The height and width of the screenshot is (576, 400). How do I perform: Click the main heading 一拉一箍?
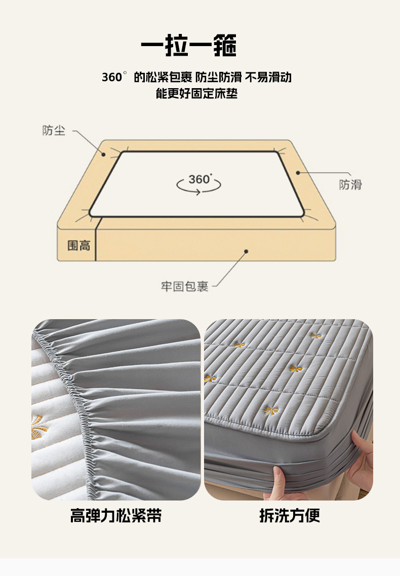click(x=189, y=46)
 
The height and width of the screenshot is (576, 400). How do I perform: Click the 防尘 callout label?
click(x=54, y=130)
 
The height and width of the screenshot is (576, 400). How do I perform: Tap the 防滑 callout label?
click(x=350, y=184)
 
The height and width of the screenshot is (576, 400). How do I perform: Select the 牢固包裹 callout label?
click(x=184, y=287)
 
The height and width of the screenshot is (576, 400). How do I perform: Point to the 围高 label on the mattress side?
click(x=78, y=245)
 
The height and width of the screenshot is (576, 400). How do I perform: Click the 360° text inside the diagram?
click(x=200, y=179)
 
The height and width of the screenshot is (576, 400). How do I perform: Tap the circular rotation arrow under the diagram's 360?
click(x=198, y=186)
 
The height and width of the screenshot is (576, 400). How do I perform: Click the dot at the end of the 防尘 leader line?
click(x=104, y=155)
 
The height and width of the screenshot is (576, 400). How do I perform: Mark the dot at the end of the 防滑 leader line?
click(x=298, y=172)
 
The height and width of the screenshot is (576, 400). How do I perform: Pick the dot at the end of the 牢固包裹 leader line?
click(x=246, y=251)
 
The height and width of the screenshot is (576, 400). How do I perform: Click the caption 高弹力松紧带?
click(x=116, y=515)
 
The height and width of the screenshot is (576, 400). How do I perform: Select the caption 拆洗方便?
click(x=290, y=515)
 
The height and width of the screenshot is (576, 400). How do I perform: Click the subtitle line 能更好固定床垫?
click(x=196, y=93)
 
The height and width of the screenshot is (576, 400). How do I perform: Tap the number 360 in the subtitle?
click(x=112, y=77)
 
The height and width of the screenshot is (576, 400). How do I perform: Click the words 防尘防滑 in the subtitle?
click(x=218, y=77)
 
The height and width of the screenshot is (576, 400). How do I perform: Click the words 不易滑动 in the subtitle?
click(x=268, y=77)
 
